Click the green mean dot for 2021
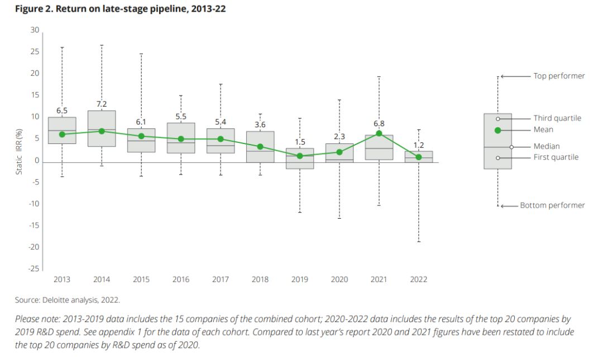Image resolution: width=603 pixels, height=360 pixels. tap(379, 133)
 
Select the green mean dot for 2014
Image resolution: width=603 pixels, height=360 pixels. tap(102, 131)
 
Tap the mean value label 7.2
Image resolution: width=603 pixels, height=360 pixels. tap(102, 104)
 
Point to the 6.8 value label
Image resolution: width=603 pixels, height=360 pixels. tap(379, 123)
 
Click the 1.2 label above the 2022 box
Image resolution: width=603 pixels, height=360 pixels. tap(419, 145)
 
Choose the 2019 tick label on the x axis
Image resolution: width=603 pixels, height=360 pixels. tap(300, 279)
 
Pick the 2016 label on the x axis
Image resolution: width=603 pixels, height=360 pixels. tap(181, 279)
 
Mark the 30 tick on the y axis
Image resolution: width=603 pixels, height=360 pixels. tap(35, 30)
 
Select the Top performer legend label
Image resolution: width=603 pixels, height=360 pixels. tap(559, 76)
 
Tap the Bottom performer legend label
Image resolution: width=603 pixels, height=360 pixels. tap(552, 205)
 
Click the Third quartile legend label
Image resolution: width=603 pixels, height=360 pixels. tap(557, 118)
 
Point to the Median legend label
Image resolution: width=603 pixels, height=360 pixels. tap(547, 146)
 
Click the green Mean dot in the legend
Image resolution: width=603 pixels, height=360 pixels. tap(497, 130)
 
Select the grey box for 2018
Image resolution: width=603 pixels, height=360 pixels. tap(260, 147)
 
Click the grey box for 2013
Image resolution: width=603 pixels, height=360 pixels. tap(62, 131)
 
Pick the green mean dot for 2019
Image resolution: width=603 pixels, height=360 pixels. tap(300, 156)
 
